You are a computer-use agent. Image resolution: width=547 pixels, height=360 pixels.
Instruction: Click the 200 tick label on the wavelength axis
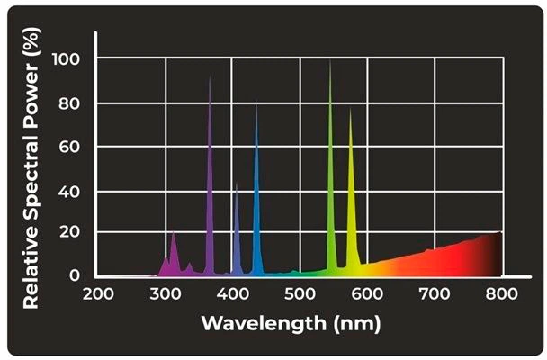(x=98, y=293)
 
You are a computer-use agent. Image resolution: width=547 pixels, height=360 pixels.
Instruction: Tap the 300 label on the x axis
(x=166, y=293)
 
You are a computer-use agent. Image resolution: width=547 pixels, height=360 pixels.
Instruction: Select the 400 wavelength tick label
(x=233, y=293)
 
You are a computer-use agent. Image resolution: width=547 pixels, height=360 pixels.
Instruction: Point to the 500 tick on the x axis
(x=300, y=293)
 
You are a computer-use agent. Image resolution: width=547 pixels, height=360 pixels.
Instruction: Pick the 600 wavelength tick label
(x=367, y=293)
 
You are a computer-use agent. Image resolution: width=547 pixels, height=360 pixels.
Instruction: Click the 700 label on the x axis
(x=435, y=293)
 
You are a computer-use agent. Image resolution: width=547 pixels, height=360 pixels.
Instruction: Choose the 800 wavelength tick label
(x=502, y=293)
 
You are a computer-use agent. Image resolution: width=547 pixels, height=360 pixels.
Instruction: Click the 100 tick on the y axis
(x=66, y=59)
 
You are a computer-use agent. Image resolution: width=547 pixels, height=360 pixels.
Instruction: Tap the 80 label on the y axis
(x=69, y=103)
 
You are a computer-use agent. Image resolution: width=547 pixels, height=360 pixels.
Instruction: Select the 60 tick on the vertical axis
(x=69, y=147)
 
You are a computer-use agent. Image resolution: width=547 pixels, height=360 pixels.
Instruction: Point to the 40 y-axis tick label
(x=69, y=192)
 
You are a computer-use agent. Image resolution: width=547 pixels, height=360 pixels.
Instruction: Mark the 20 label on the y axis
(x=69, y=231)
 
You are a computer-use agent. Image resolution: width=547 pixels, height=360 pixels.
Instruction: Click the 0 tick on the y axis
(x=75, y=275)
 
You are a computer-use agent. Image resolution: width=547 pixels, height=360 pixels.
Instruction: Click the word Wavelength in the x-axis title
(x=264, y=323)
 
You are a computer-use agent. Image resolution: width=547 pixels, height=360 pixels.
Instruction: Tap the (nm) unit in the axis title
(x=357, y=324)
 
